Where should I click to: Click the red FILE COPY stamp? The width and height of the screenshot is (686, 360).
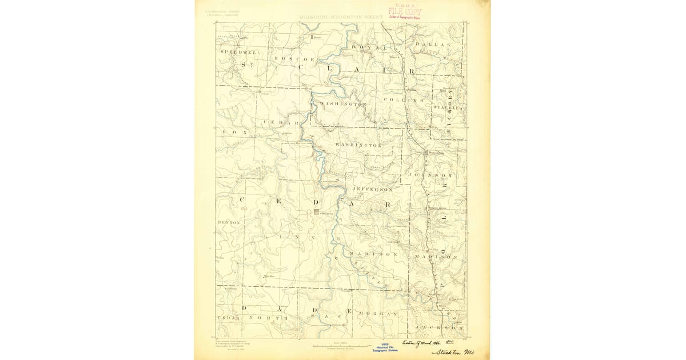click(405, 11)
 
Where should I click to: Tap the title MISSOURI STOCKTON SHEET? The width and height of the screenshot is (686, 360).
click(341, 17)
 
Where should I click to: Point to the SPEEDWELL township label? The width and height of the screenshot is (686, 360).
click(241, 52)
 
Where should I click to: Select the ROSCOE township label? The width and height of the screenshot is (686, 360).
click(294, 59)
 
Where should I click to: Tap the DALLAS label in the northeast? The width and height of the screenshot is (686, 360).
click(433, 44)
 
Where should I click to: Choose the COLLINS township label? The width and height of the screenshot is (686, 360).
click(403, 100)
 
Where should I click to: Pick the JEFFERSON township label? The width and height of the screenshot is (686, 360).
click(373, 189)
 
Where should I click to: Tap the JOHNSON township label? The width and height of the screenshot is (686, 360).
click(430, 175)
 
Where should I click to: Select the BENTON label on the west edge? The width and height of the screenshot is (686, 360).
click(229, 222)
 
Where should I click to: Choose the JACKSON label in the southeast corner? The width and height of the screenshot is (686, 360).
click(440, 328)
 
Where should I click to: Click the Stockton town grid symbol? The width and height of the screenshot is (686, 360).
click(316, 211)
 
